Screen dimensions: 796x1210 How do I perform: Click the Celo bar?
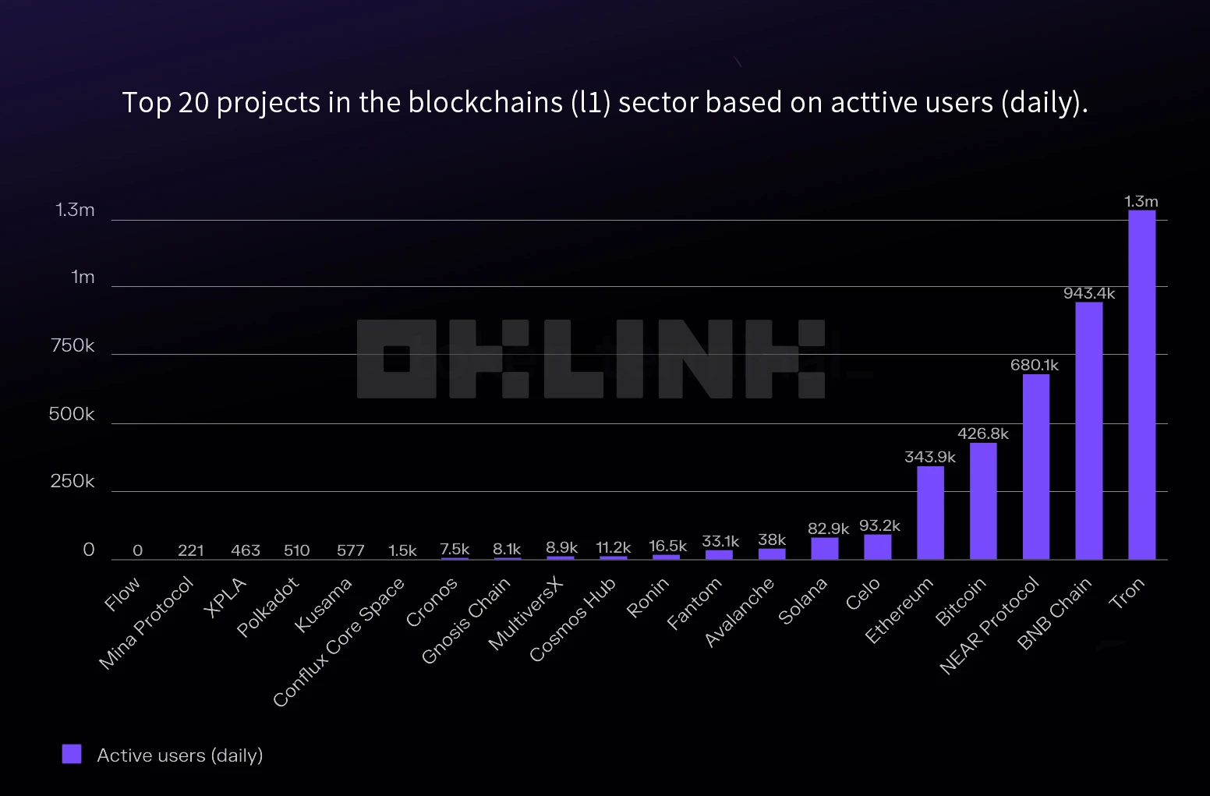877,547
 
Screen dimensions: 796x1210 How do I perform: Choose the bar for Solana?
824,548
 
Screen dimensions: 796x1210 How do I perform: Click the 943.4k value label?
1088,293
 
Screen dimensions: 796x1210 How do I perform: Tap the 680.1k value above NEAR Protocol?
1034,365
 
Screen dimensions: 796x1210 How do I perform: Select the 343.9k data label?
929,457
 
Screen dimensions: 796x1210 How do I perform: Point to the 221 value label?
190,550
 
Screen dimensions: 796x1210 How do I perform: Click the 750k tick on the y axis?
73,345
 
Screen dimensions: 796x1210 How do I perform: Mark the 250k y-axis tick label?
73,481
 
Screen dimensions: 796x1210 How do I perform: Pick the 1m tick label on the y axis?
83,277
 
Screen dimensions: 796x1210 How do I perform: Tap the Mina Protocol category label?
147,622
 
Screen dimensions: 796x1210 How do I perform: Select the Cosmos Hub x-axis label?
573,619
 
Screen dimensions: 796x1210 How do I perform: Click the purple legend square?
72,754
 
